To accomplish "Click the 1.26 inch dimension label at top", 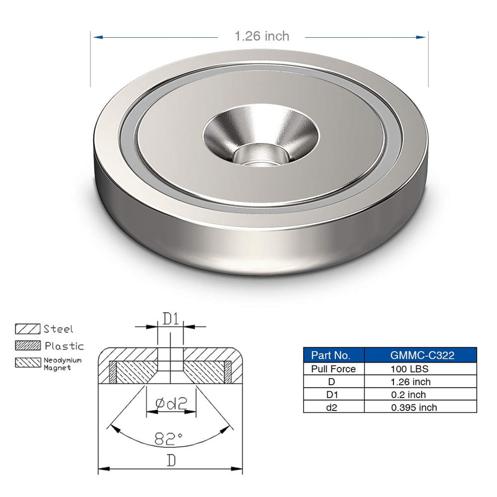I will [261, 36].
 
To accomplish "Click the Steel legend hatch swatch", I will [28, 329].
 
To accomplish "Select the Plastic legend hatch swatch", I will [28, 346].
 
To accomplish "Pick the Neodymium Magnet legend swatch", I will [28, 363].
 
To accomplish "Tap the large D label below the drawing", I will [171, 461].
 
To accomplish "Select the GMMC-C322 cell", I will [420, 355].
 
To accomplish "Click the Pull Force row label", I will [334, 369].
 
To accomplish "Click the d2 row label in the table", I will [334, 408].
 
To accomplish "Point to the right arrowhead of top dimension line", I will [424, 37].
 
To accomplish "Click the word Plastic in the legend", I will [64, 346].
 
